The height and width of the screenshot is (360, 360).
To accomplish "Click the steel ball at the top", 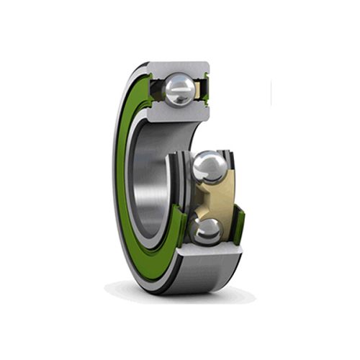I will (179, 90).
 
